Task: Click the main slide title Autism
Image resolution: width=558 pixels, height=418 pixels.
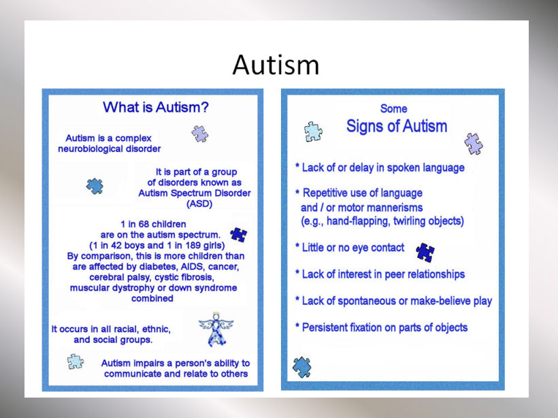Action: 276,65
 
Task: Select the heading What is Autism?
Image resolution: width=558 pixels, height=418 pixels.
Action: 156,107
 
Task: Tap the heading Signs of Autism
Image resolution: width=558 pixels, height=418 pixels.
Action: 397,126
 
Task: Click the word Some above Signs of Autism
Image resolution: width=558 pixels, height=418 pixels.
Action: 393,109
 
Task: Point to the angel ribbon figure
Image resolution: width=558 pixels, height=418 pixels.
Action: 216,329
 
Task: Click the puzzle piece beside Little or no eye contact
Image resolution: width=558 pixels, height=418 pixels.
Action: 425,253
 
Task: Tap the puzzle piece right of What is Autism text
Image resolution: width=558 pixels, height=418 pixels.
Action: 200,134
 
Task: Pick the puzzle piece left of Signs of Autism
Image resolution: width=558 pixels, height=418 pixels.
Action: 313,132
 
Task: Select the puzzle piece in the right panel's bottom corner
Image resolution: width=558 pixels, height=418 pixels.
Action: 301,367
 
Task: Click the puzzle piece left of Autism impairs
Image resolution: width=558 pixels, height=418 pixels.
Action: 76,361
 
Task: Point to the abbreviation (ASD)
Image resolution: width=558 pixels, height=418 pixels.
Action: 199,204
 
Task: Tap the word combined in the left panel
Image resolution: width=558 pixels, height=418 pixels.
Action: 152,298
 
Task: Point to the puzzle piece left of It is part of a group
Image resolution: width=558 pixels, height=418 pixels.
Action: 95,187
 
